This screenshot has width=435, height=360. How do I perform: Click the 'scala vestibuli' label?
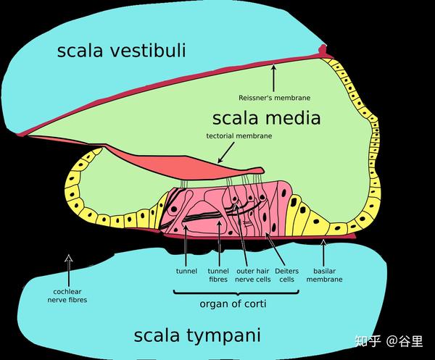point(122,51)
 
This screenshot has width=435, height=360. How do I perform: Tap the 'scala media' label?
point(266,118)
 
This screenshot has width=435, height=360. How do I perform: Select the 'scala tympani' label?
point(197,335)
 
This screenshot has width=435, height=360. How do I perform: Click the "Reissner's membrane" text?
point(274,98)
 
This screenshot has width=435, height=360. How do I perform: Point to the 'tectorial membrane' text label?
point(239,136)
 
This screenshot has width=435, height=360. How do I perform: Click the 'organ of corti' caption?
point(233,304)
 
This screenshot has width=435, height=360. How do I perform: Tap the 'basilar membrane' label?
point(324,275)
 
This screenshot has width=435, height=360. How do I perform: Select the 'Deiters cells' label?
point(286,275)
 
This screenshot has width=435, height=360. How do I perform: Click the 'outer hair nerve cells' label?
point(253,275)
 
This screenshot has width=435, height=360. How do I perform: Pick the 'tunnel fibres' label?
point(218,275)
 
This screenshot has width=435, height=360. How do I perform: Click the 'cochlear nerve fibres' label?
point(67,296)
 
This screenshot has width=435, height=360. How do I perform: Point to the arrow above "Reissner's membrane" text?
point(273,78)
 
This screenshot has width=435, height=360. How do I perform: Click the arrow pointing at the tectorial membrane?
point(226,152)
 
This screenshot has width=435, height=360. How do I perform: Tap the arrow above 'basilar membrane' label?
point(323,253)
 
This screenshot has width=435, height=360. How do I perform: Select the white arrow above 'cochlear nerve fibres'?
point(69,269)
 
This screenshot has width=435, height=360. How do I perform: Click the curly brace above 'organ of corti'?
point(236,293)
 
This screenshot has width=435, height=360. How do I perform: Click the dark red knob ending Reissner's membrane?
point(323,50)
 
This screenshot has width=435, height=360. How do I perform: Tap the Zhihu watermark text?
point(389,341)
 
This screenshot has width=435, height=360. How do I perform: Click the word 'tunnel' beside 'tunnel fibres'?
point(186,271)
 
